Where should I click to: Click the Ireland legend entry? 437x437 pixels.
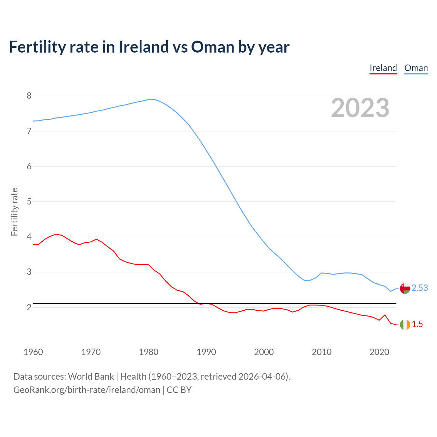coord(383,68)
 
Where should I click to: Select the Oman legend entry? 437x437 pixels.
coord(416,68)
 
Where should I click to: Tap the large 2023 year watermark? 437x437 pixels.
coord(360,108)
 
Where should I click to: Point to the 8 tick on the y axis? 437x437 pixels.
coord(29,96)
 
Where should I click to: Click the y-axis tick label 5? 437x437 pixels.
coord(29,201)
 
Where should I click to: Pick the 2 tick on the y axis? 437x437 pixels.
coord(29,307)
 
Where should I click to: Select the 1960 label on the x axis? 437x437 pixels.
coord(33,352)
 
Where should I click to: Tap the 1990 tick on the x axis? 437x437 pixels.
coord(206,352)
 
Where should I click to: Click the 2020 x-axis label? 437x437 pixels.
coord(379,352)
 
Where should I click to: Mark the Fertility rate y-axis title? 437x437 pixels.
coord(14,212)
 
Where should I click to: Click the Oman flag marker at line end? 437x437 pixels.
coord(405,288)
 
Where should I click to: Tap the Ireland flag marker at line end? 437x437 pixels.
coord(405,325)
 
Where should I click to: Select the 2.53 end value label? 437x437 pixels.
coord(420,288)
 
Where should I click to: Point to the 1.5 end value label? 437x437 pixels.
coord(417,324)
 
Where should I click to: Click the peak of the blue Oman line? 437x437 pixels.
coord(154,99)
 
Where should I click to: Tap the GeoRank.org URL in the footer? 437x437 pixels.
coord(87,390)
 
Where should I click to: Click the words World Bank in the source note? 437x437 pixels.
coord(91,377)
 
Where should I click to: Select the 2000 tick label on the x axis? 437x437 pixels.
coord(264,352)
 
